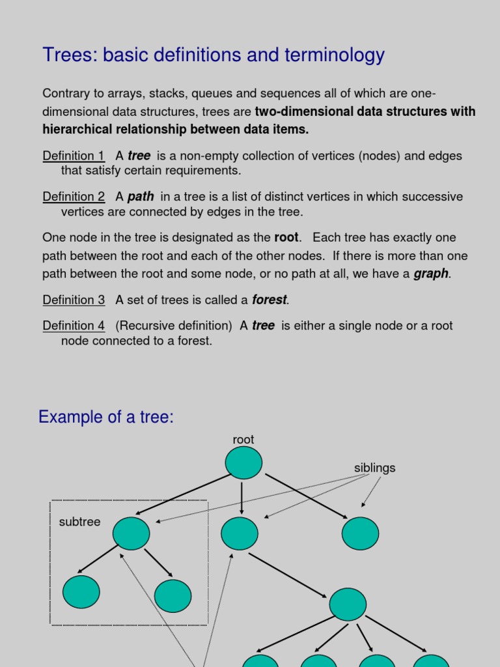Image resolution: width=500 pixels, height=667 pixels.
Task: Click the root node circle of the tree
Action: [243, 462]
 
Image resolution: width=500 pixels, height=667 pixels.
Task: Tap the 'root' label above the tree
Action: [243, 440]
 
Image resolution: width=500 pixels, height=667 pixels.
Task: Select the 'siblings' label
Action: [374, 468]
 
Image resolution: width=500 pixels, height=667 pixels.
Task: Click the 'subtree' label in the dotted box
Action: [79, 522]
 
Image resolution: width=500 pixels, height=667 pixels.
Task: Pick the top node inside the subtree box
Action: [131, 533]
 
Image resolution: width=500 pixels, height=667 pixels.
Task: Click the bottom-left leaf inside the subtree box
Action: [81, 592]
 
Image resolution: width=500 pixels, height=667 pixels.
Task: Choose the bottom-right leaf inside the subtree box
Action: [173, 596]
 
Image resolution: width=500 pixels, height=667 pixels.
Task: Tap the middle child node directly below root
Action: [240, 534]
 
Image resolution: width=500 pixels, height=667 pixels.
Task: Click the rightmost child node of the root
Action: [360, 533]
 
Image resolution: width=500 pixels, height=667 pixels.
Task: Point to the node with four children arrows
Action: [348, 604]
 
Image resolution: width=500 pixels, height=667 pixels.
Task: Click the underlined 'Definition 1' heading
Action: [74, 156]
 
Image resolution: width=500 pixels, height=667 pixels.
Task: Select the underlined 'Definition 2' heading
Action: [74, 197]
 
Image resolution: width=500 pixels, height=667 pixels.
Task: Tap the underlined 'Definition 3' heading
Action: [74, 300]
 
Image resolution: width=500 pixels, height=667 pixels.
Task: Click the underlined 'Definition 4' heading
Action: [74, 326]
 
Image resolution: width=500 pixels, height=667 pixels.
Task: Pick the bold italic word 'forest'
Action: [270, 300]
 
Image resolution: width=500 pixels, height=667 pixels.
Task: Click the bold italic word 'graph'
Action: [431, 274]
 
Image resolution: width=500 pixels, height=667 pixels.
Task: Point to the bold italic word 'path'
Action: [141, 197]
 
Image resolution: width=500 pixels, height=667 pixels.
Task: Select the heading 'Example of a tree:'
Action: [106, 417]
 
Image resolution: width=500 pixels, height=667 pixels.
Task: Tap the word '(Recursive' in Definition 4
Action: [143, 326]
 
